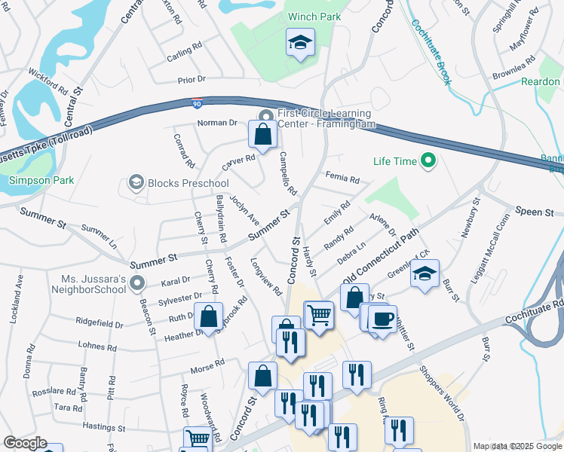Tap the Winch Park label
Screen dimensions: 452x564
click(x=314, y=17)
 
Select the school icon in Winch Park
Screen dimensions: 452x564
click(x=300, y=43)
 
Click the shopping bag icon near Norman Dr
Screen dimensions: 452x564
click(x=263, y=135)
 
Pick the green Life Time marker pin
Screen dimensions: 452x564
click(x=428, y=160)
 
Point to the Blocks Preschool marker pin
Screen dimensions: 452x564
click(x=136, y=182)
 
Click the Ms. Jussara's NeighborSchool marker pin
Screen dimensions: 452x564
click(x=136, y=283)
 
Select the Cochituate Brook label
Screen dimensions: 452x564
click(x=430, y=48)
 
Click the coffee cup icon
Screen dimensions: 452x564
click(x=382, y=318)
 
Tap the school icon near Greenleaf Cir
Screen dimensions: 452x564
click(x=425, y=273)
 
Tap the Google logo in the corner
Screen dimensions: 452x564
click(x=25, y=443)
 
